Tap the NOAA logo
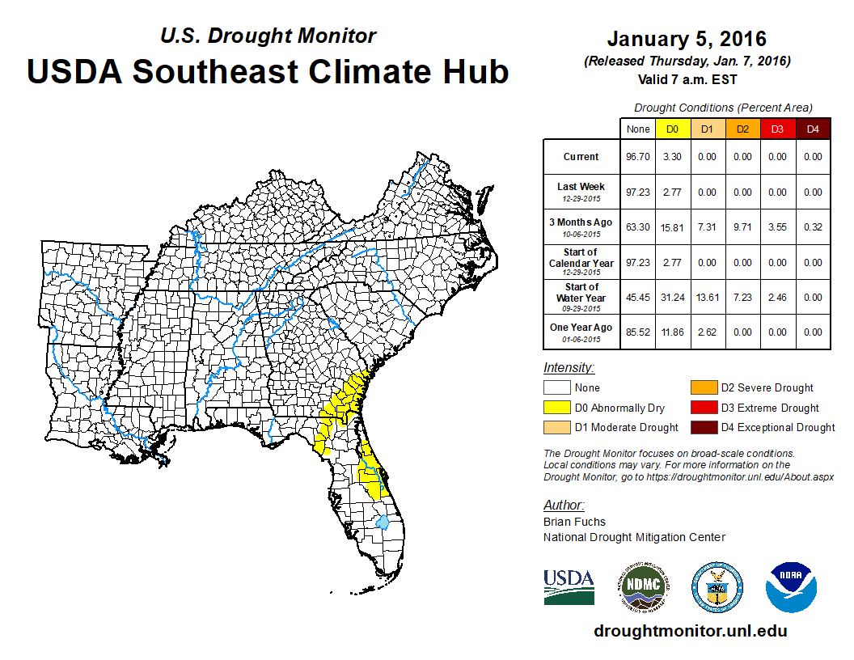coord(792,587)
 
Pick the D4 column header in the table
coord(813,129)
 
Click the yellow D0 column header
coord(672,129)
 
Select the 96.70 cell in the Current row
coord(636,157)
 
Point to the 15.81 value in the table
coord(672,227)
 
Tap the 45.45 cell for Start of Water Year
coord(636,298)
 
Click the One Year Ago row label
coord(581,328)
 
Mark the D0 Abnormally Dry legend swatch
coord(556,408)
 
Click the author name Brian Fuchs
coord(574,522)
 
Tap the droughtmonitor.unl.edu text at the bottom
coord(690,631)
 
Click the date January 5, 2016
coord(687,39)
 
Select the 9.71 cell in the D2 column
coord(742,227)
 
